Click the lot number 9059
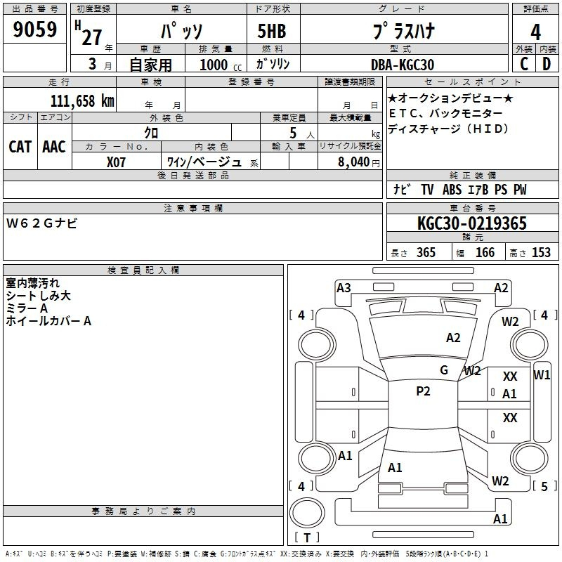[x=34, y=30]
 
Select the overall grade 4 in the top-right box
[x=535, y=32]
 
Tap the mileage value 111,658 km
[x=82, y=100]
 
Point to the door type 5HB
[x=272, y=31]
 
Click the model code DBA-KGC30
[x=402, y=65]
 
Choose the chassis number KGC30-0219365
[x=472, y=223]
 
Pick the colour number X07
[x=116, y=162]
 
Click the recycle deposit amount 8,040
[x=353, y=162]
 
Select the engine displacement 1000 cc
[x=221, y=65]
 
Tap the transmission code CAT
[x=20, y=147]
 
